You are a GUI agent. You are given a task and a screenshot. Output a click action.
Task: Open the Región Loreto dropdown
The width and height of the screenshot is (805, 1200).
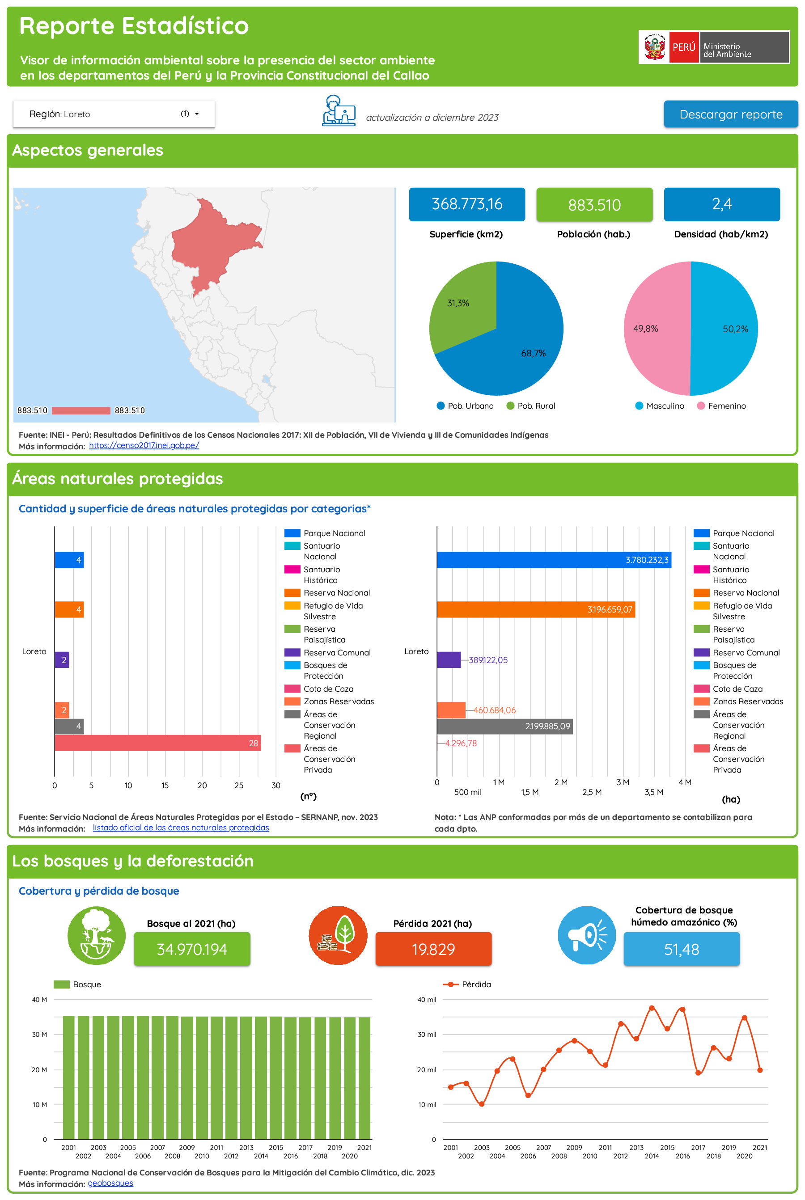[x=114, y=114]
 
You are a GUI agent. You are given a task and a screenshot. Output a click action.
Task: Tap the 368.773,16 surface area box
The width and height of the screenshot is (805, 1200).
[x=466, y=204]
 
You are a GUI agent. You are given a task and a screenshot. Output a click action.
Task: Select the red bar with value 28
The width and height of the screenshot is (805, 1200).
[x=157, y=743]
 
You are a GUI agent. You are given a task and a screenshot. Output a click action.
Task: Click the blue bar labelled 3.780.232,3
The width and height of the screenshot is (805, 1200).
[x=554, y=560]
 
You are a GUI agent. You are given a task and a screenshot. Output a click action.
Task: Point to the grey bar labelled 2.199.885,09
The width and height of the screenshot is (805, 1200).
[x=504, y=726]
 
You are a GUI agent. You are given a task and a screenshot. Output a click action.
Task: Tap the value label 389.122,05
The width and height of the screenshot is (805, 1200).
[x=488, y=660]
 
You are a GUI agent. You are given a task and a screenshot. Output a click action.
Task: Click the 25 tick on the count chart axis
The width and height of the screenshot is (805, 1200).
[x=239, y=785]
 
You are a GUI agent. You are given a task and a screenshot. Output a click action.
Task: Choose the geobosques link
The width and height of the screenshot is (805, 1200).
[x=110, y=1183]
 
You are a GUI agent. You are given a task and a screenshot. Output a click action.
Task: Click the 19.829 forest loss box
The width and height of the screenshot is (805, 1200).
[x=433, y=949]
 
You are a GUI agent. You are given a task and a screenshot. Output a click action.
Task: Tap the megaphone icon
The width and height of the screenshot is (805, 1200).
[x=586, y=935]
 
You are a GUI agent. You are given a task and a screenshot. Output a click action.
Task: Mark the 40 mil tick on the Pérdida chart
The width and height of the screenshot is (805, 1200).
[x=426, y=999]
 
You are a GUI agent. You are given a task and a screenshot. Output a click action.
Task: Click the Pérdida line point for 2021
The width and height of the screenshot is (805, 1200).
[x=760, y=1070]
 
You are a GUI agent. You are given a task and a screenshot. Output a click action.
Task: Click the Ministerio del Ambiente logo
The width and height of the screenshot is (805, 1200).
[x=714, y=47]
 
